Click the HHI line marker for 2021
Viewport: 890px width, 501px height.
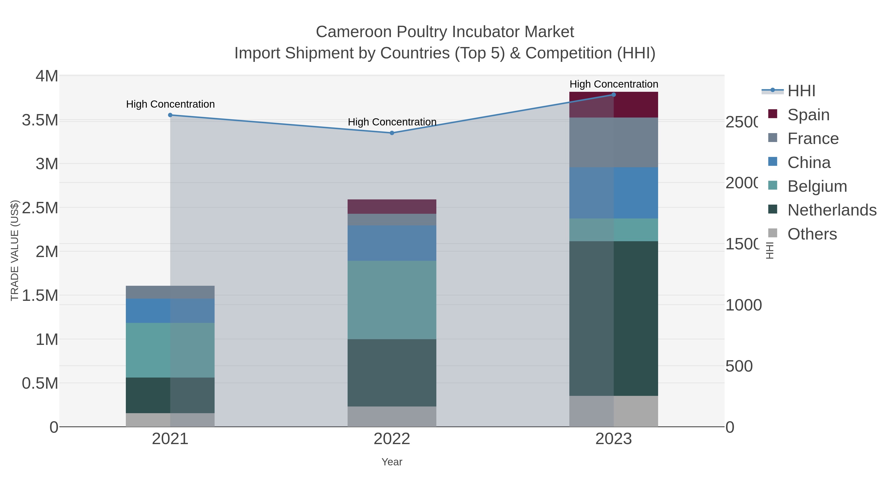click(x=170, y=115)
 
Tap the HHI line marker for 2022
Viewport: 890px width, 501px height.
click(x=392, y=133)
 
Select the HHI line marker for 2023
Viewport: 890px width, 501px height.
click(x=614, y=95)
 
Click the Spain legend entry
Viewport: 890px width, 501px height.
click(x=808, y=115)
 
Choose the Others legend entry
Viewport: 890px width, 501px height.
click(x=812, y=234)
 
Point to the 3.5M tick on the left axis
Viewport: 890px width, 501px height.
click(x=40, y=120)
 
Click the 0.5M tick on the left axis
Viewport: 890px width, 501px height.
click(x=40, y=383)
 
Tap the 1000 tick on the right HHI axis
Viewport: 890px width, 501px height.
click(x=743, y=305)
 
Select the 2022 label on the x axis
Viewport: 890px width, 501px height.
click(x=392, y=439)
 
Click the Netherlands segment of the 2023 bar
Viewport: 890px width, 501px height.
click(x=614, y=318)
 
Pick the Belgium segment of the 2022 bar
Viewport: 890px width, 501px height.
click(x=392, y=300)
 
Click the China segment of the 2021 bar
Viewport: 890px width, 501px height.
click(x=170, y=310)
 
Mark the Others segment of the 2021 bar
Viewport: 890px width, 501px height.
click(x=170, y=420)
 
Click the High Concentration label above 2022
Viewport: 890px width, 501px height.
click(x=392, y=122)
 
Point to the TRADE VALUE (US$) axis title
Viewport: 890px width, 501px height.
click(x=15, y=250)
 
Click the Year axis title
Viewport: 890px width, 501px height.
click(x=392, y=462)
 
